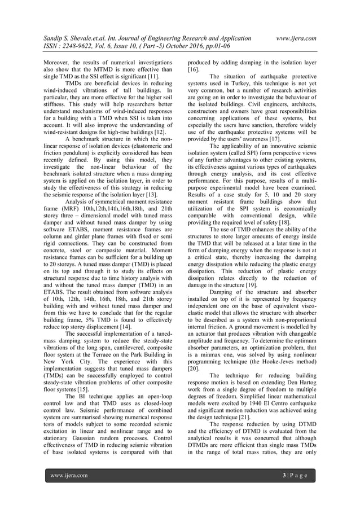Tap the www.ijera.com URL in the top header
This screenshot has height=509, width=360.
[x=293, y=38]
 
